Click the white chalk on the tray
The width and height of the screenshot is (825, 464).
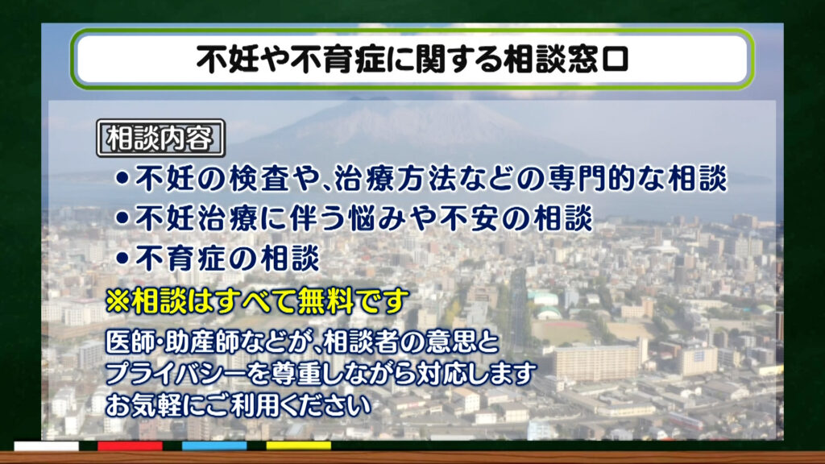[x=46, y=446]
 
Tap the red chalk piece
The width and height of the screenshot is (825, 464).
[x=130, y=446]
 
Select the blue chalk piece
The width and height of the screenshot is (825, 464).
[x=214, y=446]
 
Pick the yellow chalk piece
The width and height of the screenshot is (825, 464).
[x=298, y=446]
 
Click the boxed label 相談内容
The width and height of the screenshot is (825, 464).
[x=161, y=139]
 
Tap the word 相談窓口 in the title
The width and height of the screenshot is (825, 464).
[x=566, y=58]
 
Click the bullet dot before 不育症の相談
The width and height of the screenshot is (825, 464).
[x=122, y=258]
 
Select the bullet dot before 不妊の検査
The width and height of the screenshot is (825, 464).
[x=122, y=178]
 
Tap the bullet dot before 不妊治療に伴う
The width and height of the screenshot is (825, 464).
[x=122, y=217]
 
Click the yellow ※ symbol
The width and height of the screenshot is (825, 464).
[x=118, y=300]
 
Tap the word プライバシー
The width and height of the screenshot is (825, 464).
[x=175, y=374]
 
